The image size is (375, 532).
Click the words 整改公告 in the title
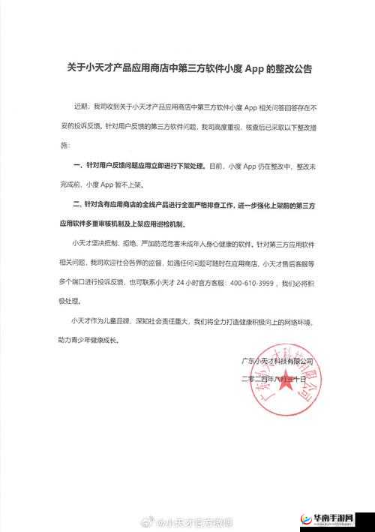[288, 68]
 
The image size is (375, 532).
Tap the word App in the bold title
[249, 68]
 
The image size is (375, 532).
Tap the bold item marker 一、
[77, 164]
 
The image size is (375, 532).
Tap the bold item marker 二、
[77, 204]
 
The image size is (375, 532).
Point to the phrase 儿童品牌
[125, 321]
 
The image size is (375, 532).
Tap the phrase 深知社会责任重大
[164, 321]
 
